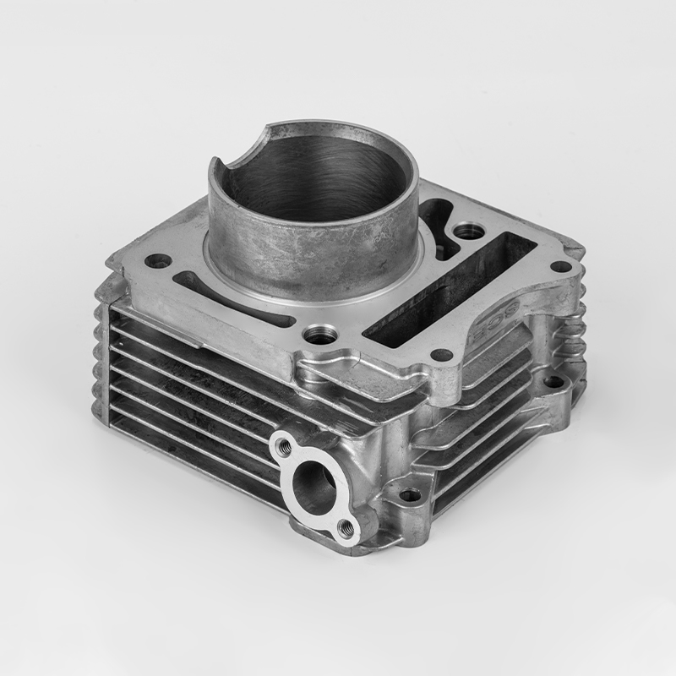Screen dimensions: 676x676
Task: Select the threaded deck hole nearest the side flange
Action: [x=322, y=332]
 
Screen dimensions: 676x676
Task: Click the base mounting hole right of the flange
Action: [x=410, y=495]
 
